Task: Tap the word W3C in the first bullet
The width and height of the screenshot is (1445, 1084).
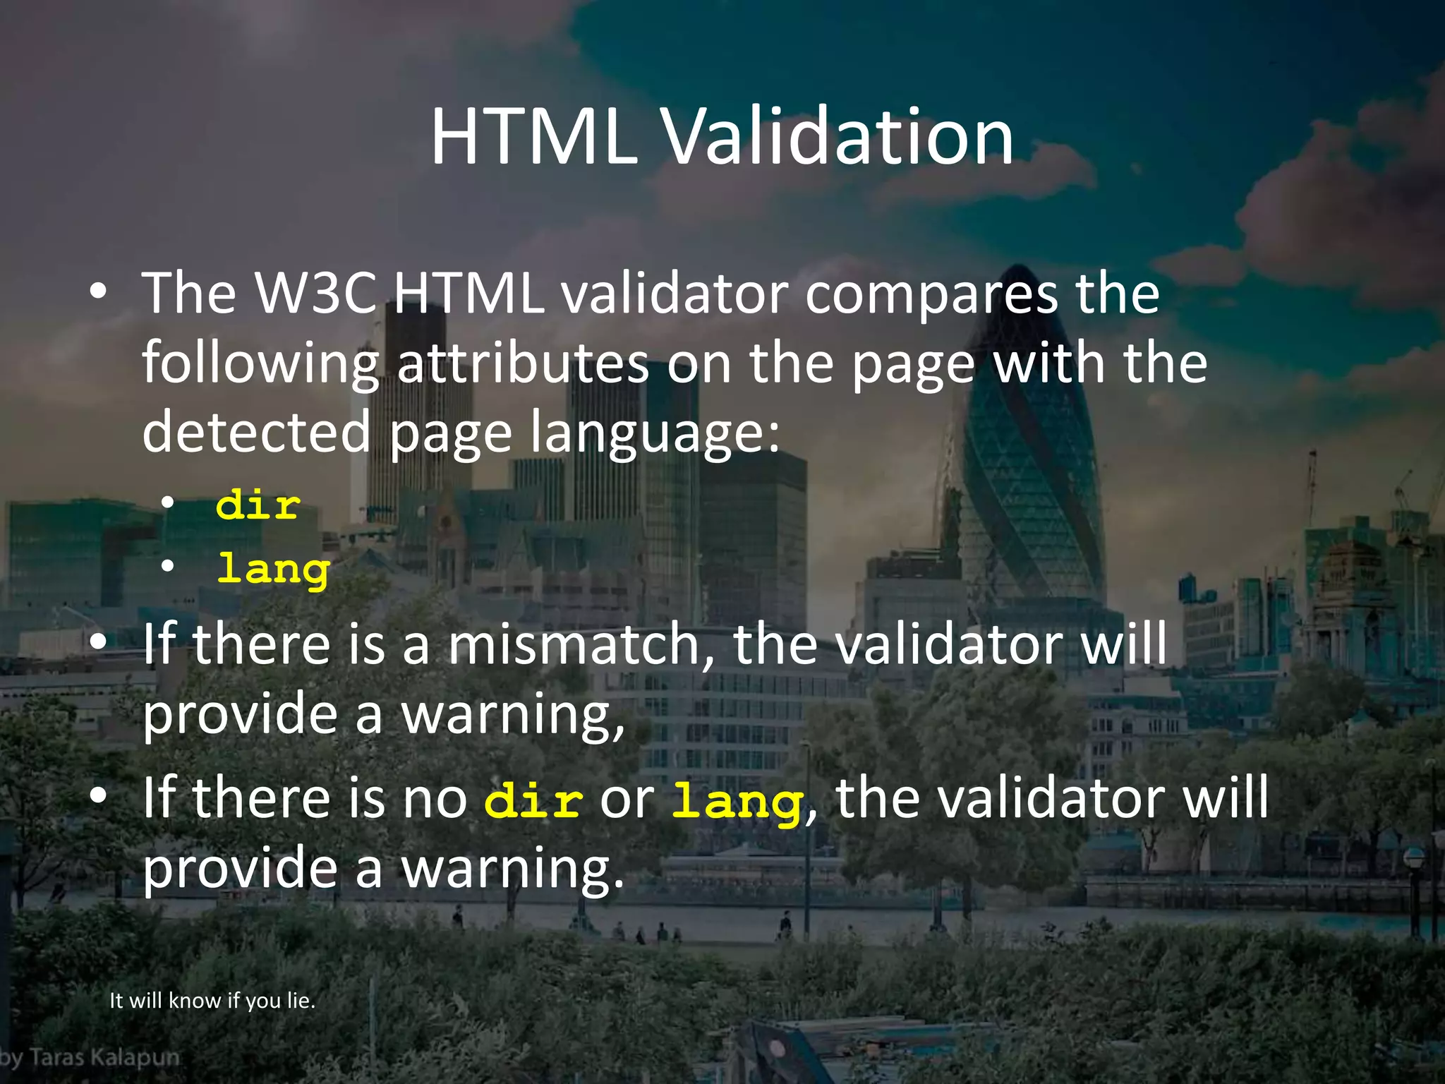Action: (315, 294)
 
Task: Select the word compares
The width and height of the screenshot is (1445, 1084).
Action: (931, 294)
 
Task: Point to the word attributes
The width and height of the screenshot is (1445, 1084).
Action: (523, 363)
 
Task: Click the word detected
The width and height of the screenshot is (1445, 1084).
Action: (256, 432)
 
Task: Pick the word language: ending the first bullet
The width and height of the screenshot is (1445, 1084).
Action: (655, 433)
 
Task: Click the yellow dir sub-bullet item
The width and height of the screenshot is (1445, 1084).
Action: (258, 505)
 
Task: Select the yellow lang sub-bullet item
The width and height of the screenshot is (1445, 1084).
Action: (273, 570)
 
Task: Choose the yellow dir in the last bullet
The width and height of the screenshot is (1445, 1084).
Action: (533, 802)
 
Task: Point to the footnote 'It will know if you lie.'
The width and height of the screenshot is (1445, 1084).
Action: (212, 1001)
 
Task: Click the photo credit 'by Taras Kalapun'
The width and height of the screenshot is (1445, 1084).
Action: (90, 1058)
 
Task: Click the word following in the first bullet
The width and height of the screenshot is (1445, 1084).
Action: (260, 363)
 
